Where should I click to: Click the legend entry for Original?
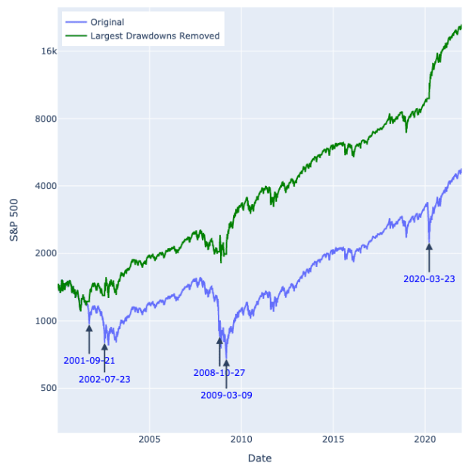[106, 22]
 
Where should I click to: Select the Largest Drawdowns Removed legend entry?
[154, 36]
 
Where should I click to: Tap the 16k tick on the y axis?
[48, 51]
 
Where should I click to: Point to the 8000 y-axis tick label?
[45, 119]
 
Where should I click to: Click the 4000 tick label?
[45, 186]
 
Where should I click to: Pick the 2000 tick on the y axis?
[45, 253]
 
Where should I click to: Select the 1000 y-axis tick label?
[45, 321]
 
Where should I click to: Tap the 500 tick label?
[48, 388]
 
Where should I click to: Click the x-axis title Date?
[259, 458]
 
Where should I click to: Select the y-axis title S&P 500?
[14, 220]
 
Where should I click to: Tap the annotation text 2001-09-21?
[89, 361]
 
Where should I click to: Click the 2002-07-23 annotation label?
[104, 379]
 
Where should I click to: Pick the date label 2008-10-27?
[219, 373]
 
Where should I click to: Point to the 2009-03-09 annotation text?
[226, 395]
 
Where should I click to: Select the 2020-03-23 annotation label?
[429, 279]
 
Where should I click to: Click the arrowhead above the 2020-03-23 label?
[429, 246]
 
